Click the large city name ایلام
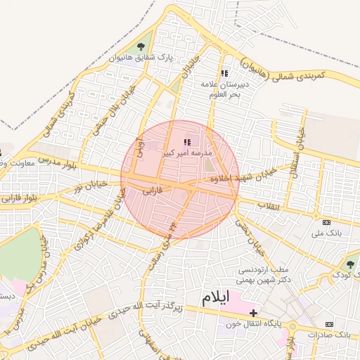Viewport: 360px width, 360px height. click(215, 297)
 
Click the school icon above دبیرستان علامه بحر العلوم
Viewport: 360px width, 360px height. click(224, 73)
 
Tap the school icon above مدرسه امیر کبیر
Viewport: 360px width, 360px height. click(188, 143)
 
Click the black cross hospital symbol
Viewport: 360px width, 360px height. click(253, 312)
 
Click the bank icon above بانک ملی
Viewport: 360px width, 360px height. click(326, 223)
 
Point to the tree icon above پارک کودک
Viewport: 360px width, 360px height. click(350, 264)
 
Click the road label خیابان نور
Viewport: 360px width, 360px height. click(90, 186)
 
